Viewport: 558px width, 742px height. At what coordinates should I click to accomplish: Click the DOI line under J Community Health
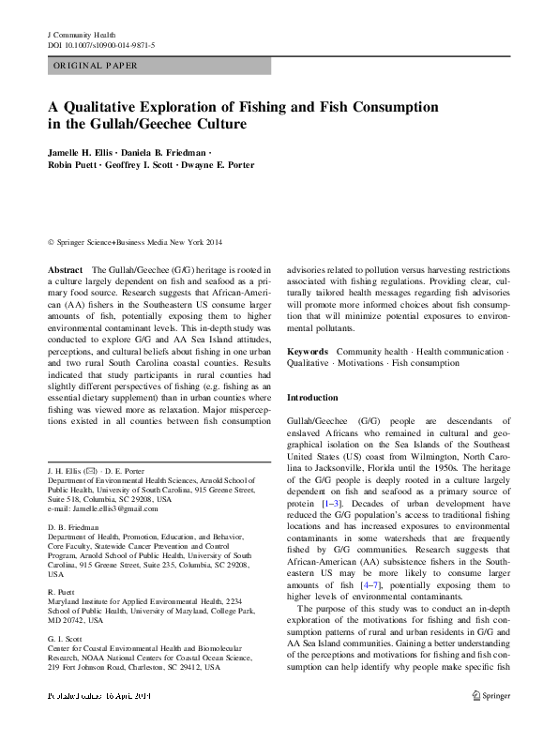click(100, 44)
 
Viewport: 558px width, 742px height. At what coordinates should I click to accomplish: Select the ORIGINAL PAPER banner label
click(96, 66)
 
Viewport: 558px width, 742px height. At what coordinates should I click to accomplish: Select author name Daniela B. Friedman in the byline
click(167, 152)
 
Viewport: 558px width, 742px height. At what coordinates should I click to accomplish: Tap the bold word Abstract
click(65, 269)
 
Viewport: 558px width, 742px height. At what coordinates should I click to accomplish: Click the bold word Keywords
click(308, 352)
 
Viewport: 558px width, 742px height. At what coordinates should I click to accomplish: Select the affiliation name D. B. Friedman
click(71, 529)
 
